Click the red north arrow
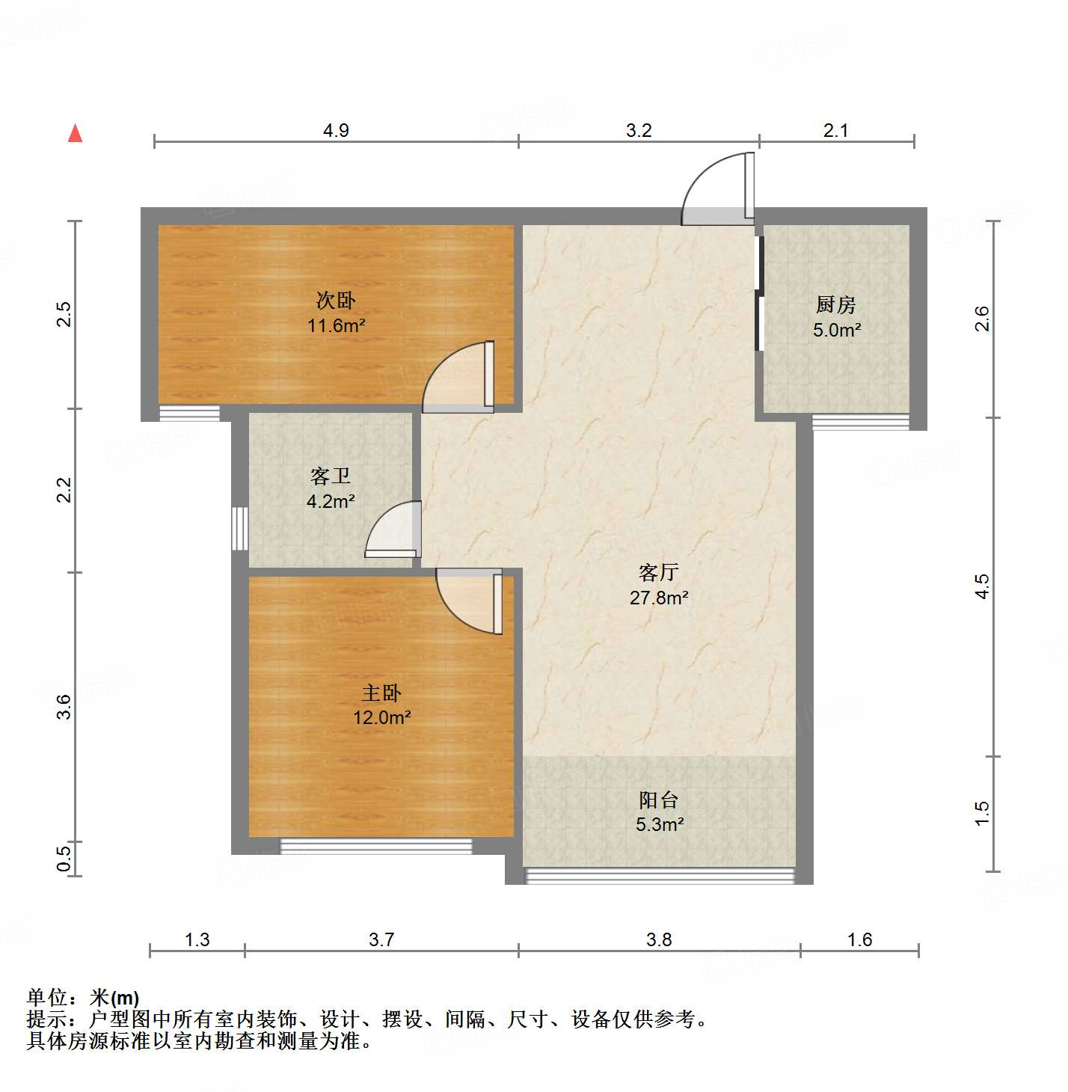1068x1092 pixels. pos(75,133)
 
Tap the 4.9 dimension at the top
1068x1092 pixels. pos(336,130)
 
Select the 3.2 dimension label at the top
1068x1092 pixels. pos(639,130)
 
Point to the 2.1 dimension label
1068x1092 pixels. pos(835,130)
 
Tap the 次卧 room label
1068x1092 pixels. pos(335,301)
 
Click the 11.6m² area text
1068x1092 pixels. pos(336,325)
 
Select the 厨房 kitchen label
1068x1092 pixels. pos(835,304)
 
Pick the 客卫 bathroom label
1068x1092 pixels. pos(330,476)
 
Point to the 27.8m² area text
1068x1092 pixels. pos(658,598)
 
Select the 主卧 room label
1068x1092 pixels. pos(381,693)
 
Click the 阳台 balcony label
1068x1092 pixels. pos(658,800)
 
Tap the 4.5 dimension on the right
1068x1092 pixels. pos(982,586)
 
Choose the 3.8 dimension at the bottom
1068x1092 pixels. pos(659,939)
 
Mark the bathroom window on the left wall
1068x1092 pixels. pos(239,528)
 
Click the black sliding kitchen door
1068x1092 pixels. pos(759,294)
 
